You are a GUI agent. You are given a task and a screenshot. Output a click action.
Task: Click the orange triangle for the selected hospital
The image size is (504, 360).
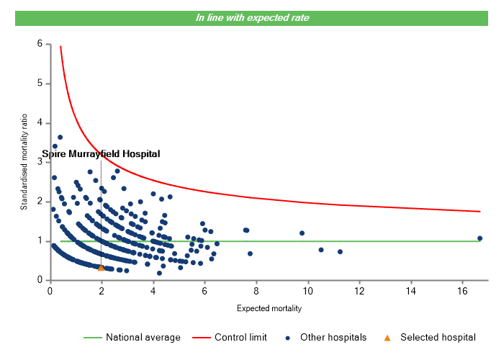101,268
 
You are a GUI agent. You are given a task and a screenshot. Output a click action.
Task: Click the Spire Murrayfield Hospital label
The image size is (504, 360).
101,153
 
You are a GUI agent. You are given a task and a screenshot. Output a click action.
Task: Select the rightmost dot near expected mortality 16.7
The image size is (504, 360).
480,238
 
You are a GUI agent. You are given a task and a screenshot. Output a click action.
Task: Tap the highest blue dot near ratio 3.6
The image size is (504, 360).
60,138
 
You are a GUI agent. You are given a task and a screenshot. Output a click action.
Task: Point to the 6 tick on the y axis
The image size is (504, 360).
40,44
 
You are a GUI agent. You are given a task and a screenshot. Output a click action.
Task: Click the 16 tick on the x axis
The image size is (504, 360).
462,291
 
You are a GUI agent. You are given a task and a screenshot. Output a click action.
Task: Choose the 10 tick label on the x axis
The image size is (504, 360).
307,291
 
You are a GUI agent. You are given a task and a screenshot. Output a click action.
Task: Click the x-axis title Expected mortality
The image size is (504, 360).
269,309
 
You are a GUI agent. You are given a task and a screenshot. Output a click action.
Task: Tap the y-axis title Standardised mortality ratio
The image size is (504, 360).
24,163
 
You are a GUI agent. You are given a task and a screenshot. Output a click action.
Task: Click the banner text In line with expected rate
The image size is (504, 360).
253,18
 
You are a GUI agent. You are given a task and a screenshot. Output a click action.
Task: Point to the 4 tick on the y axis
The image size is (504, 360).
40,122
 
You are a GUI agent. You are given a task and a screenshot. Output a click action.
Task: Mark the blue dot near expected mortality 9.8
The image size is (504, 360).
302,233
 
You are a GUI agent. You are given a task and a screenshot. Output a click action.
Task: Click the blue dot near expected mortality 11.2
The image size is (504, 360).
340,252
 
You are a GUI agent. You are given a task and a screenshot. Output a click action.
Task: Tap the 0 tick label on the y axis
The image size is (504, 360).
40,280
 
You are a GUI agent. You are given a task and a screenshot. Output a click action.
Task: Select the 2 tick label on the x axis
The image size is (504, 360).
101,291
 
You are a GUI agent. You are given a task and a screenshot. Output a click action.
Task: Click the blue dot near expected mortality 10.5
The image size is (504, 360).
321,250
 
